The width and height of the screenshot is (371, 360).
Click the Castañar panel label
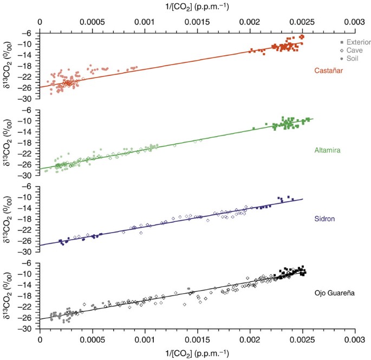330,70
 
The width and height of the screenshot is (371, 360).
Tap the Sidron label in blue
326,219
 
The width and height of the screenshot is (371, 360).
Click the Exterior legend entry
357,42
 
